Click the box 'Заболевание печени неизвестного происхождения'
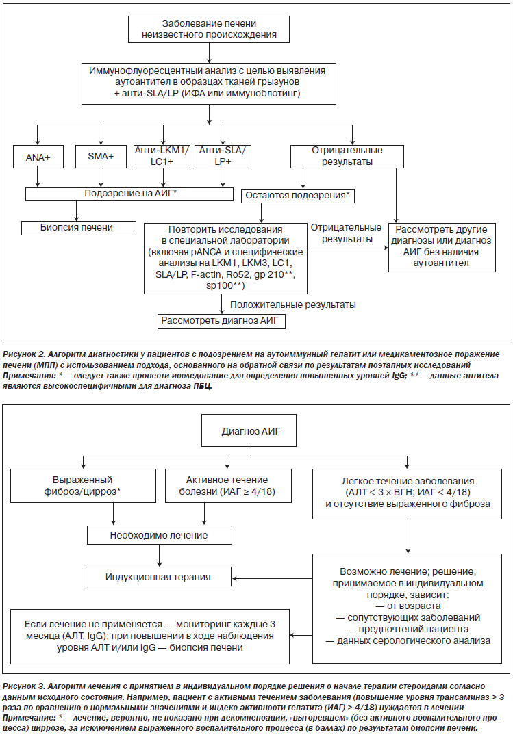tap(209, 29)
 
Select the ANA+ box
tap(38, 157)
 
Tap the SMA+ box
tap(101, 156)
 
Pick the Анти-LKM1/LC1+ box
tap(162, 156)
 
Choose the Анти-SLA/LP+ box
tap(223, 156)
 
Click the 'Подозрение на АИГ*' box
tap(129, 194)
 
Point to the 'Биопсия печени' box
tap(79, 228)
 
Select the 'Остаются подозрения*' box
tap(298, 196)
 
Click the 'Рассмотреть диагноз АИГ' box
tap(221, 321)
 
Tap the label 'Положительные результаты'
tap(293, 305)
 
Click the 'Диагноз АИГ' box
tap(249, 431)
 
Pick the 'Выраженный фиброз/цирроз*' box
tap(83, 485)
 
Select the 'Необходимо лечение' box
tap(160, 535)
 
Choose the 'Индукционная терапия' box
tap(159, 577)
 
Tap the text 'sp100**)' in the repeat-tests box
tap(225, 285)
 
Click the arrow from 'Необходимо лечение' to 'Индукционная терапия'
tap(160, 556)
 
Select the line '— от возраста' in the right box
tap(408, 606)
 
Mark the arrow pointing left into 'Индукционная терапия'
tap(273, 578)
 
